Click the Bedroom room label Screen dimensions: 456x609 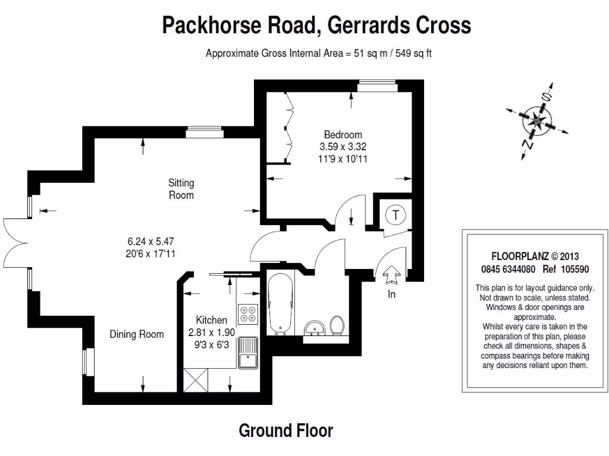pyautogui.click(x=343, y=135)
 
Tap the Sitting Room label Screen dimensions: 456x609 pyautogui.click(x=181, y=189)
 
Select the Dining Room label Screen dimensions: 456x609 pyautogui.click(x=136, y=334)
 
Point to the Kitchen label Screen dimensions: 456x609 pyautogui.click(x=212, y=321)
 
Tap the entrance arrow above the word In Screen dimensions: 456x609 pyautogui.click(x=392, y=275)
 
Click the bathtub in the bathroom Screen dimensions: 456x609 pyautogui.click(x=279, y=303)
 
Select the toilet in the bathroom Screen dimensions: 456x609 pyautogui.click(x=338, y=325)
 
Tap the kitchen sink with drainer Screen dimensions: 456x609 pyautogui.click(x=246, y=352)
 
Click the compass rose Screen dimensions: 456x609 pyautogui.click(x=537, y=121)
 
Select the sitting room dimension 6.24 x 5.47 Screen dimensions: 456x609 pyautogui.click(x=150, y=242)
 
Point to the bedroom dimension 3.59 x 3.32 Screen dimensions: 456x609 pyautogui.click(x=343, y=147)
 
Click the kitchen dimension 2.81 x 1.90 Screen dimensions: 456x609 pyautogui.click(x=212, y=332)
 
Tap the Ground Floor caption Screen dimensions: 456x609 pyautogui.click(x=285, y=430)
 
